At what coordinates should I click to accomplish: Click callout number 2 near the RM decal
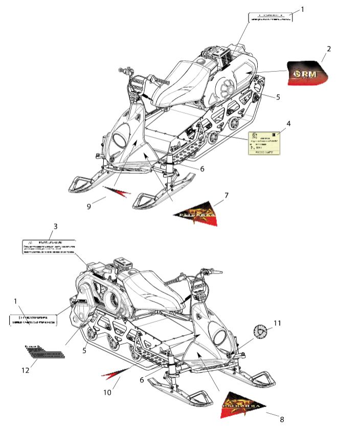coord(329,49)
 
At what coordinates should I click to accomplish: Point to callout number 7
coord(226,195)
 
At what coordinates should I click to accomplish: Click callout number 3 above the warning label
coord(56,225)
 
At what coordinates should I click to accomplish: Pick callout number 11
coord(277,323)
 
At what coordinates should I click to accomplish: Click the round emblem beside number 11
coord(261,332)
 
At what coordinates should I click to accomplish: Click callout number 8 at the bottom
coord(281,419)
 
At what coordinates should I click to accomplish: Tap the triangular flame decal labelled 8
coord(244,405)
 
